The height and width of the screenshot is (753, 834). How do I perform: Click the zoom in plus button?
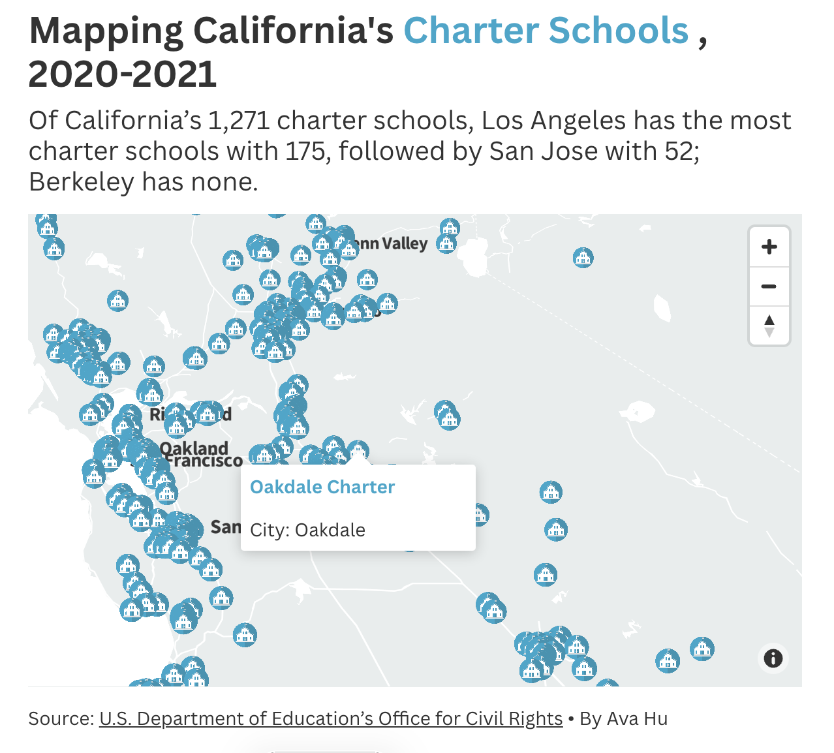click(769, 247)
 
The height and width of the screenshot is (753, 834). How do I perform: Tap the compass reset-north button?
click(769, 325)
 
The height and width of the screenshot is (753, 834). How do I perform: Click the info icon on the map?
click(773, 658)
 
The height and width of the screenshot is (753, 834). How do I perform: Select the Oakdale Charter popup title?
click(322, 487)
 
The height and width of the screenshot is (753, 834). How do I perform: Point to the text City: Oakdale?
click(307, 530)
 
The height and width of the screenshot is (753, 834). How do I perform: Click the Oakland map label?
click(195, 448)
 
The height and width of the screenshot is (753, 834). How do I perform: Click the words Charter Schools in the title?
click(546, 31)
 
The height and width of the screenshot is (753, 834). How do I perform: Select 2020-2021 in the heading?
click(123, 74)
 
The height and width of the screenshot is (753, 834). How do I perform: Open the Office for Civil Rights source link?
click(331, 718)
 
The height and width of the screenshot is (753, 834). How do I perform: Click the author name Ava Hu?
click(637, 718)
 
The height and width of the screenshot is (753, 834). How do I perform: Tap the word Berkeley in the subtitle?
click(82, 181)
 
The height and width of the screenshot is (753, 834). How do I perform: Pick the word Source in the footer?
click(61, 718)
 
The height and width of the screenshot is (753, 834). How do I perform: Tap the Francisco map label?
click(204, 461)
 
